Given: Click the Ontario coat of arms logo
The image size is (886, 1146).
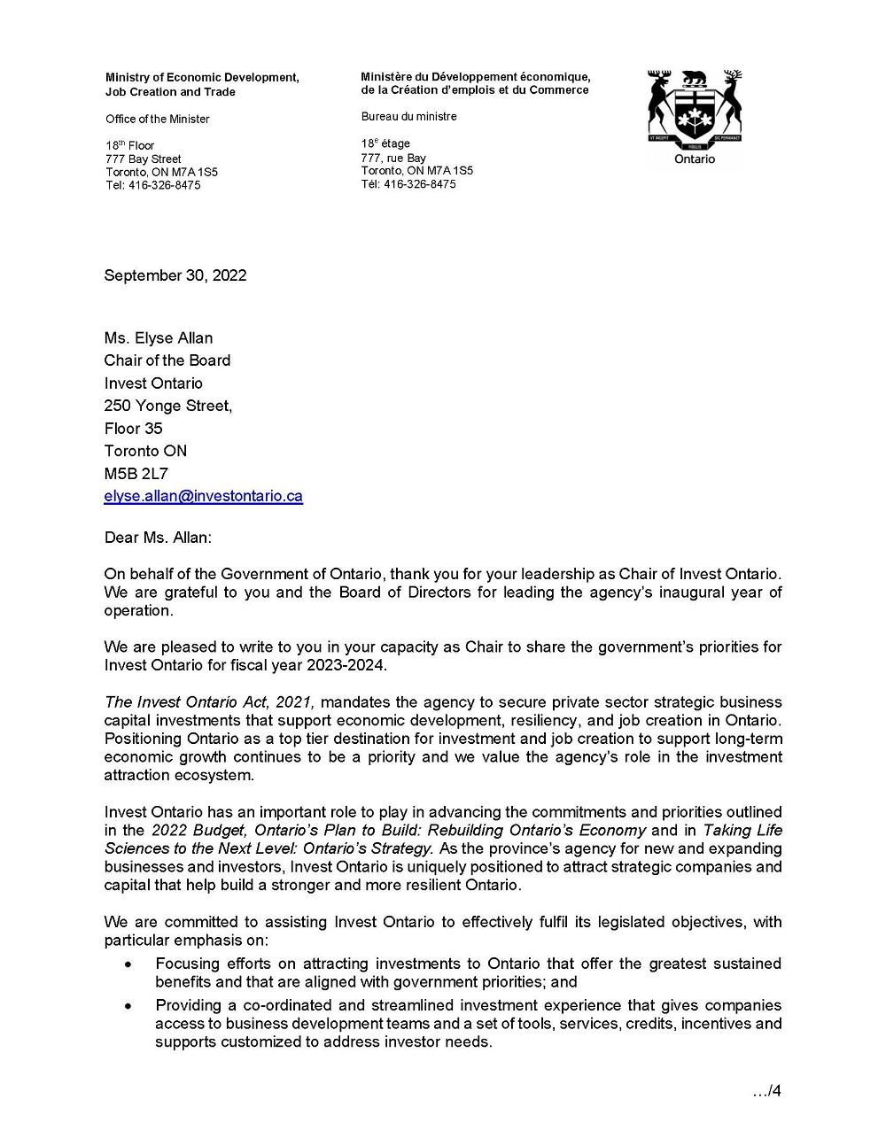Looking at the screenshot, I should click(695, 110).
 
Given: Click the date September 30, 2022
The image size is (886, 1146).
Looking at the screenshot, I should click(175, 275).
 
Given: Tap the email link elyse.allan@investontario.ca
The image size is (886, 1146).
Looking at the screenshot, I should click(203, 497).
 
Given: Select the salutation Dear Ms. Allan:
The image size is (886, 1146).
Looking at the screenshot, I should click(158, 538).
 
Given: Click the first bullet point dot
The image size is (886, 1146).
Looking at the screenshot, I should click(129, 964).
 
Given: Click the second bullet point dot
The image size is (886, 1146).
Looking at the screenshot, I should click(129, 1006).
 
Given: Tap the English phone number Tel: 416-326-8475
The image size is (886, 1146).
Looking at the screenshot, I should click(152, 186).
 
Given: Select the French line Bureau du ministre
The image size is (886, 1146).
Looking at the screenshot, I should click(408, 117).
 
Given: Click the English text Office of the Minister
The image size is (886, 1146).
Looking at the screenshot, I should click(158, 120).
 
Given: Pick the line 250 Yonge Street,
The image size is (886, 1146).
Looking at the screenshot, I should click(168, 407).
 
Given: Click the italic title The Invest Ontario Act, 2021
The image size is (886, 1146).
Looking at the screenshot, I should click(209, 702).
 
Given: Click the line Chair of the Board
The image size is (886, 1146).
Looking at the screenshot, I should click(167, 360).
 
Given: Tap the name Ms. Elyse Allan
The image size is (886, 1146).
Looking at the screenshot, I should click(159, 338).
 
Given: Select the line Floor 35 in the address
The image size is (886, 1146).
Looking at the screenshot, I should click(134, 429).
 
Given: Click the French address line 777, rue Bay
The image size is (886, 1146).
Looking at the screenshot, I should click(393, 158).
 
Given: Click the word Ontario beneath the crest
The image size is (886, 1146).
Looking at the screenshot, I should click(695, 159).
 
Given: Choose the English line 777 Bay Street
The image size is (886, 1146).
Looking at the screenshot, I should click(143, 159).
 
